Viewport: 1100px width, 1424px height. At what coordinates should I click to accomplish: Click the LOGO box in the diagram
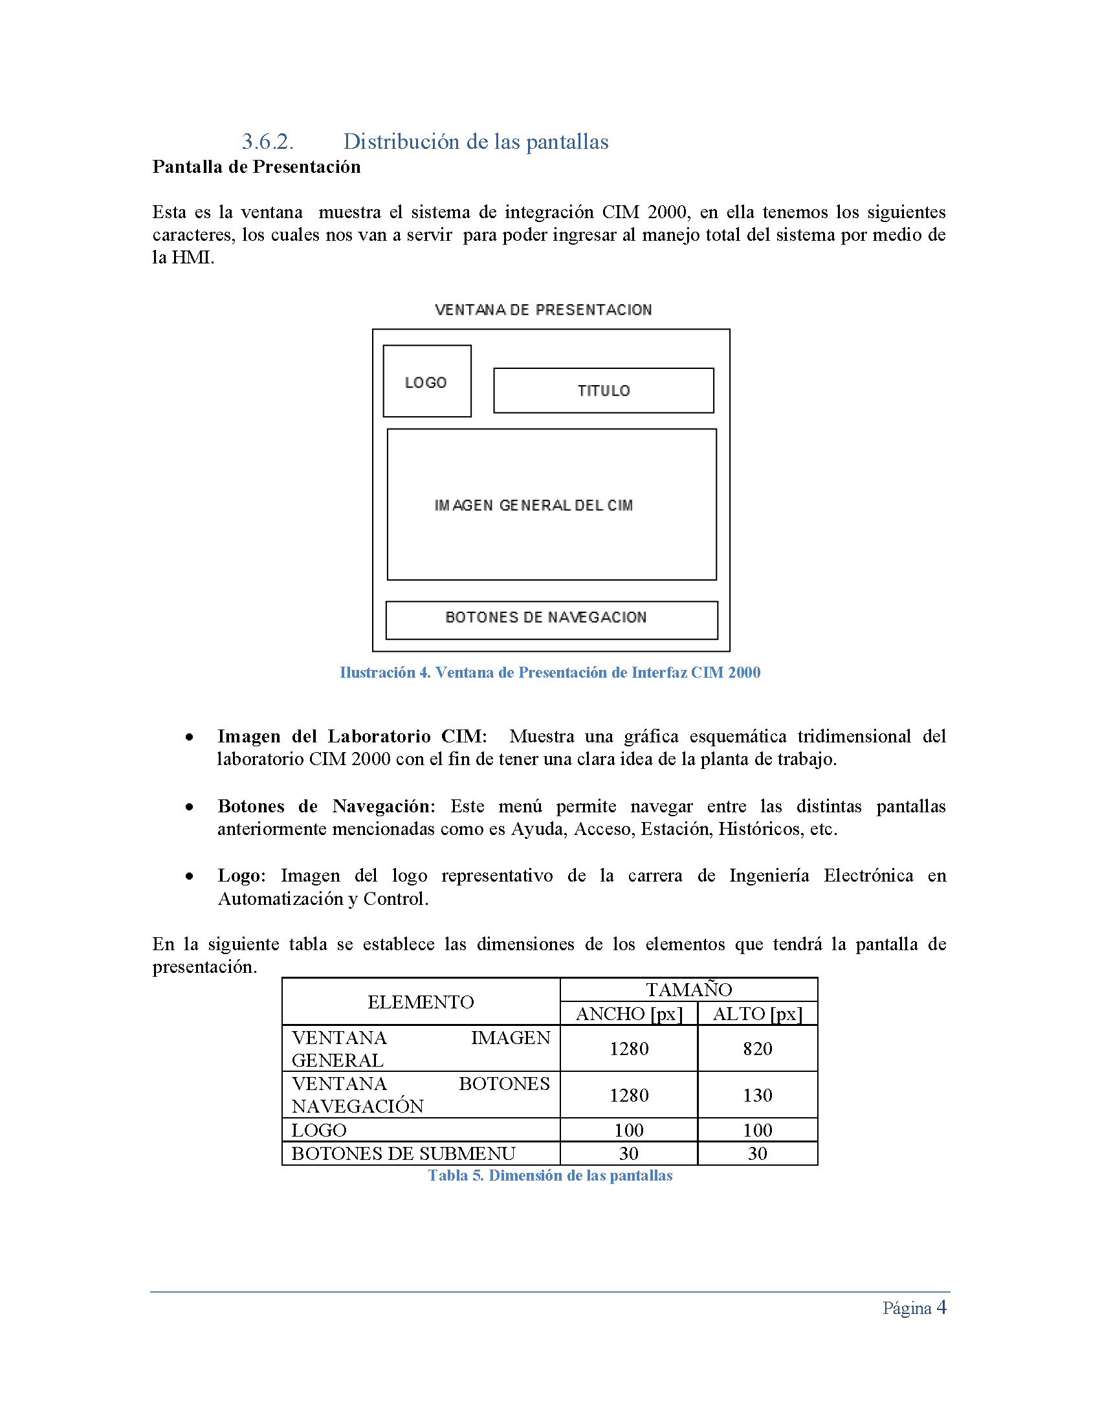tap(427, 381)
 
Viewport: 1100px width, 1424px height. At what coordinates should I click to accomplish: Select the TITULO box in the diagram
tap(604, 390)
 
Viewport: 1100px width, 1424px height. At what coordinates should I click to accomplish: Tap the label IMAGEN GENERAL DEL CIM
tap(533, 506)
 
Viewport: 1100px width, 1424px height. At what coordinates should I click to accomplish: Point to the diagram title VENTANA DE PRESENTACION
tap(543, 309)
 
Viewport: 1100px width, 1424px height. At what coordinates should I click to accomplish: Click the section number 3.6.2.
tap(267, 142)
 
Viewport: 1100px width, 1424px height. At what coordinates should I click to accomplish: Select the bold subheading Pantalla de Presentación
tap(256, 167)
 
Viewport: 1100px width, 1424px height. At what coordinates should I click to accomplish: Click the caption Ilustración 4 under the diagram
tap(549, 673)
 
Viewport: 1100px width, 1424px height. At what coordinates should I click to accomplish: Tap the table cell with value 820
tap(757, 1049)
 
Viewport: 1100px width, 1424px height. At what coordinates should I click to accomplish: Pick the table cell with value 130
tap(757, 1095)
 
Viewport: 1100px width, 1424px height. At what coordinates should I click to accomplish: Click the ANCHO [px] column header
tap(629, 1014)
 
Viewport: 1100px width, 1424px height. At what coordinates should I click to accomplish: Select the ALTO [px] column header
tap(757, 1014)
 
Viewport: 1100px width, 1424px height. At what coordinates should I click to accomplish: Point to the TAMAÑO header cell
tap(689, 990)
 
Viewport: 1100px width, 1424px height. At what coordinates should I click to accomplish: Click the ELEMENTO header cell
tap(421, 1001)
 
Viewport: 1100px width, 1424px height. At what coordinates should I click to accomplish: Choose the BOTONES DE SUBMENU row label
tap(403, 1153)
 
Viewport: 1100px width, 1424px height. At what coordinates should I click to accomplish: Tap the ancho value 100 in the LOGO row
tap(629, 1130)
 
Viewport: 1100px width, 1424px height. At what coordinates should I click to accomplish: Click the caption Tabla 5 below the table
tap(549, 1175)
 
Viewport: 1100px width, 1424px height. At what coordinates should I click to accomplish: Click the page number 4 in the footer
tap(941, 1307)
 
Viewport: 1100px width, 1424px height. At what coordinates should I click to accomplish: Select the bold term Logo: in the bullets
tap(241, 876)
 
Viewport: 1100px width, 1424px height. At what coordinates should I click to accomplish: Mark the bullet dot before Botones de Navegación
tap(189, 807)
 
